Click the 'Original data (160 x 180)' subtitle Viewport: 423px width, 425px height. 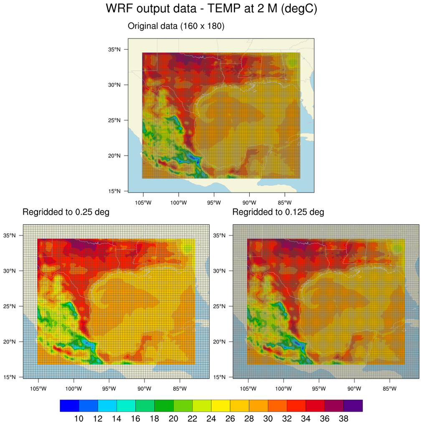click(x=176, y=26)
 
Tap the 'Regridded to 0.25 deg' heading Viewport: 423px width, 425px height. click(x=66, y=212)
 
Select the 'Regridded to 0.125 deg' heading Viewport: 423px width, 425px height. click(x=278, y=212)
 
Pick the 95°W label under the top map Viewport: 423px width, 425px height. click(x=214, y=203)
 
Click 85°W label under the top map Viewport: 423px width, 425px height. click(x=284, y=203)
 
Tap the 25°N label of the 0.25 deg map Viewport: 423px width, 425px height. click(x=10, y=306)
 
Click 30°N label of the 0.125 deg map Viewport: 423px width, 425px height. click(x=220, y=271)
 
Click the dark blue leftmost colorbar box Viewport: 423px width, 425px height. click(x=69, y=405)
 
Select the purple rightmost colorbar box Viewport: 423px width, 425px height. click(x=353, y=405)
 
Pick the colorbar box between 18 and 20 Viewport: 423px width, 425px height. click(x=164, y=405)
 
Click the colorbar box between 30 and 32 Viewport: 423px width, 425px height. click(x=277, y=405)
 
